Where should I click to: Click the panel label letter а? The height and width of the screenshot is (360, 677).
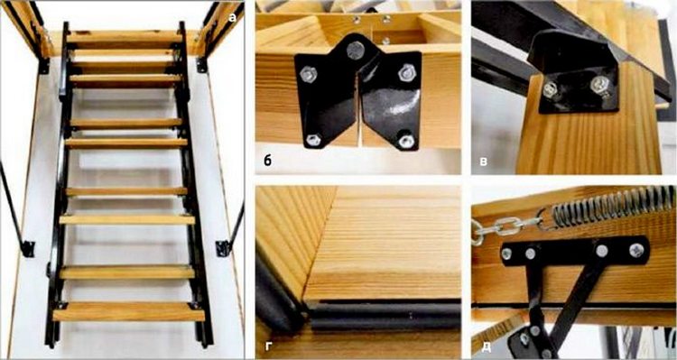click(232, 18)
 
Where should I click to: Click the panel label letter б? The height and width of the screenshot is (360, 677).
click(268, 161)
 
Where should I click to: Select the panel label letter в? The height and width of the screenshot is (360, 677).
click(484, 162)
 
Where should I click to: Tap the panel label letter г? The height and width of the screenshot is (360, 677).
click(268, 346)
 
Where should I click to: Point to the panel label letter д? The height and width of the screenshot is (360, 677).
click(486, 346)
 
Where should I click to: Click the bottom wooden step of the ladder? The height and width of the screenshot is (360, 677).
click(128, 311)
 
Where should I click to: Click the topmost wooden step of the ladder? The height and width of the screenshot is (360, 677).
click(125, 37)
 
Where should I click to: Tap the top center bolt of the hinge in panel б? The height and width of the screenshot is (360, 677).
click(355, 51)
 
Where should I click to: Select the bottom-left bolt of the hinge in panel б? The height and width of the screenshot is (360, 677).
click(313, 140)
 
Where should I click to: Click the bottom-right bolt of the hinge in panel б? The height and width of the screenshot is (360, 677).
click(406, 141)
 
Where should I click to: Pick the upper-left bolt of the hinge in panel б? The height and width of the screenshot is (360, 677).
click(308, 74)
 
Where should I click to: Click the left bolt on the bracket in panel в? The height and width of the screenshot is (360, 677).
click(551, 89)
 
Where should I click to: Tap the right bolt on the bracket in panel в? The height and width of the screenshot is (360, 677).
click(599, 84)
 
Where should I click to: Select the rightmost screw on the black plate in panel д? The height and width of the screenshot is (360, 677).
click(636, 250)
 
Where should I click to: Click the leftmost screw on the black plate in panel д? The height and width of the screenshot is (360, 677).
click(506, 254)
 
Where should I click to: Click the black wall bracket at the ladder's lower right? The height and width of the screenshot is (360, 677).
click(222, 248)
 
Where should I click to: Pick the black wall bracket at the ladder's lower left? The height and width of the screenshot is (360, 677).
click(28, 249)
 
